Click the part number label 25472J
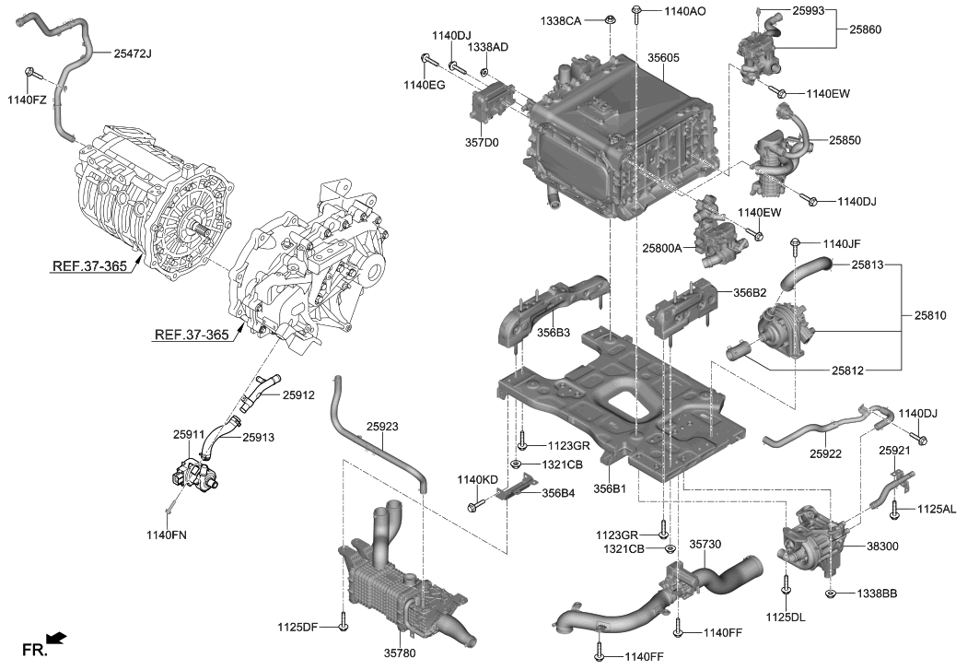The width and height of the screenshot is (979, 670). coord(133,54)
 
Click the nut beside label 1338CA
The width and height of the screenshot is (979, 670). coord(610,19)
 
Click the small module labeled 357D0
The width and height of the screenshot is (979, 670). coord(493,103)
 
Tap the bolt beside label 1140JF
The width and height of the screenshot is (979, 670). coord(796,244)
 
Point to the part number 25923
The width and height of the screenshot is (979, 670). coord(382,428)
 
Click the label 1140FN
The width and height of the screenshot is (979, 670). coord(167,535)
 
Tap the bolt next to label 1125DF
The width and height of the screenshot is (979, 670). coord(344,626)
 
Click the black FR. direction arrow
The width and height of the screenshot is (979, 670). coord(56,638)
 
